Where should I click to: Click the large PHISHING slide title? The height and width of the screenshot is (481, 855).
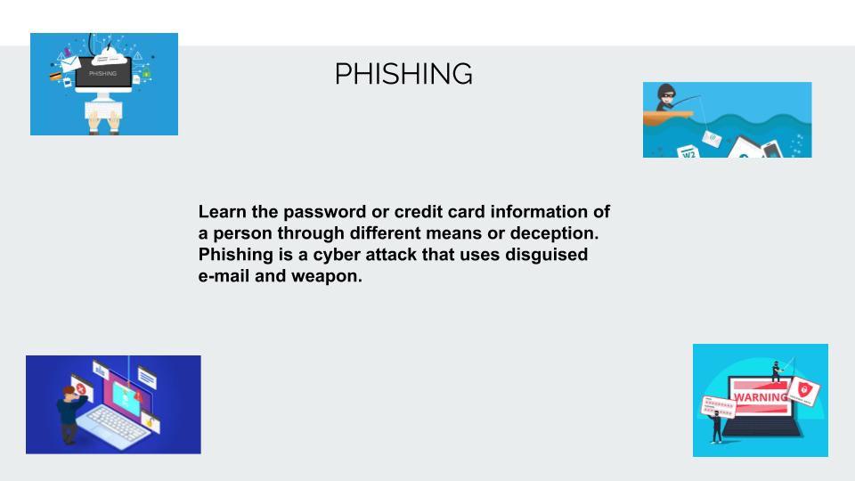click(403, 74)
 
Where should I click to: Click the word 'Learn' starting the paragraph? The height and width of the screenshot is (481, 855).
click(223, 212)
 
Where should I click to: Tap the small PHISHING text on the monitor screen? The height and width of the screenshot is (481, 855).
click(102, 73)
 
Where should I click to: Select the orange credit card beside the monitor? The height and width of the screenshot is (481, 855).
click(55, 76)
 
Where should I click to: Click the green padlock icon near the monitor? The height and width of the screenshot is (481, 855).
click(146, 74)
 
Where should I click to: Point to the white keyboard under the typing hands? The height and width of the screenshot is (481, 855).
click(103, 110)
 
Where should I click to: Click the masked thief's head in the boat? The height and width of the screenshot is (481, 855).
click(666, 92)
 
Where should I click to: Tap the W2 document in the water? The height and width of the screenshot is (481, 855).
click(688, 151)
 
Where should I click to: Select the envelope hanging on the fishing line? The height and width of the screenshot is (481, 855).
click(712, 139)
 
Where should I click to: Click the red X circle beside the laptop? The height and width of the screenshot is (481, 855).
click(81, 388)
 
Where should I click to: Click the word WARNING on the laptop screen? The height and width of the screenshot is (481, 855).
click(761, 397)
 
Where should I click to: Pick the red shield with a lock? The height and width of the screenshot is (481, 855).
click(802, 389)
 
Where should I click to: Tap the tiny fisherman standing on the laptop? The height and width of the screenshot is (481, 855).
click(777, 371)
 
